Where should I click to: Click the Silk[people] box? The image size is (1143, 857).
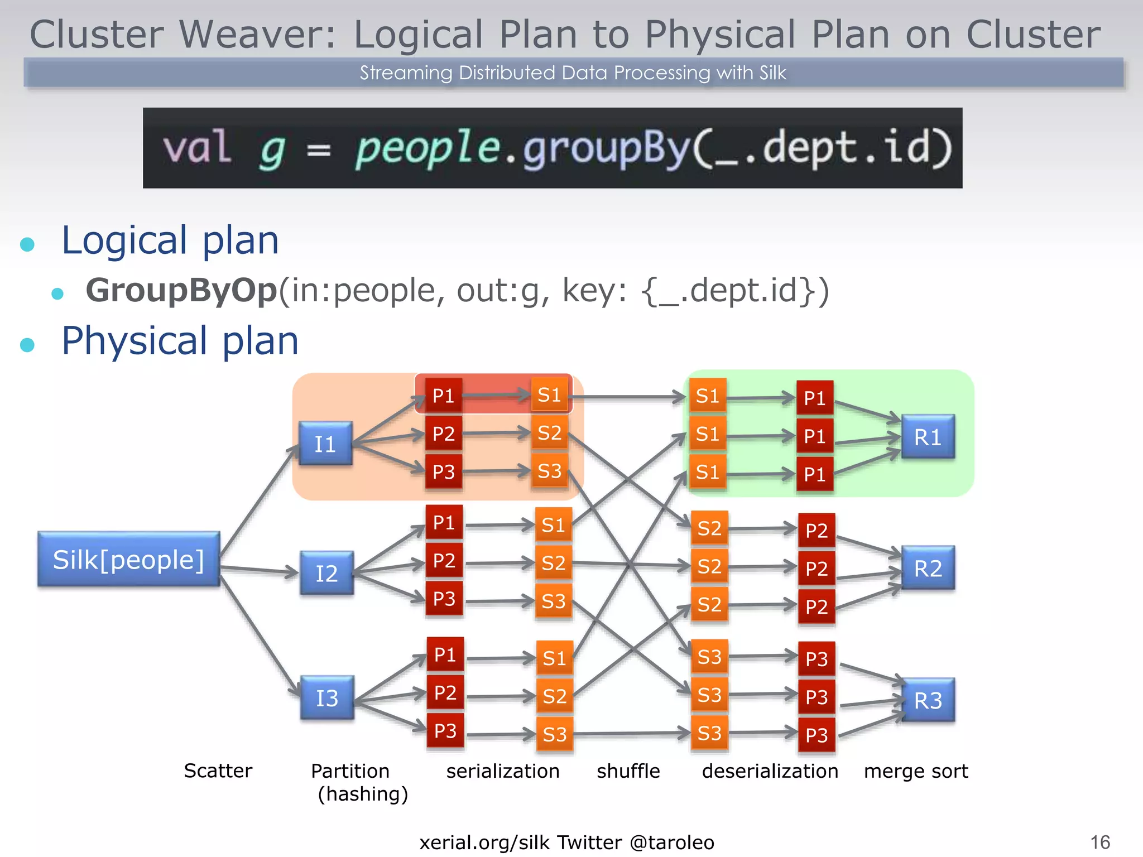pos(128,559)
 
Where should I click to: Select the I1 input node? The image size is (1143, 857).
pos(325,444)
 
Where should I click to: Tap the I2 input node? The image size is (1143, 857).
pos(326,573)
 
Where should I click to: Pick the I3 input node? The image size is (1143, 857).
pos(327,697)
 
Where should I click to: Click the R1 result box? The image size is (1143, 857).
pos(928,437)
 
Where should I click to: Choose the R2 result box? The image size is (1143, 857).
pos(928,568)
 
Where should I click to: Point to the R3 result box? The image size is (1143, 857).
pos(928,700)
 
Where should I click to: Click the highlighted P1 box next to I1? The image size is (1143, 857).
pos(444,396)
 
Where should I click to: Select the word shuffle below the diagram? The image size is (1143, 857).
pos(628,771)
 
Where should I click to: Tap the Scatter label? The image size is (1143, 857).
pos(218,771)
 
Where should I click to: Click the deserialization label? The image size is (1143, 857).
pos(770,771)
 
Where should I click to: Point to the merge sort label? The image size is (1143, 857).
pos(915,771)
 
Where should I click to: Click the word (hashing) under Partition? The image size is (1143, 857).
pos(363,794)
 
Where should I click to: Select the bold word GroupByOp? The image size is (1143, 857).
pos(181,290)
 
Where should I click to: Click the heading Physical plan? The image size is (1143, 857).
pos(180,340)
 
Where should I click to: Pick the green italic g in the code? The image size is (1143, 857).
pos(272,150)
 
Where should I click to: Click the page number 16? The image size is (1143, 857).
pos(1100,842)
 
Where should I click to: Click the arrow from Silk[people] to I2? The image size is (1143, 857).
pos(260,570)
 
